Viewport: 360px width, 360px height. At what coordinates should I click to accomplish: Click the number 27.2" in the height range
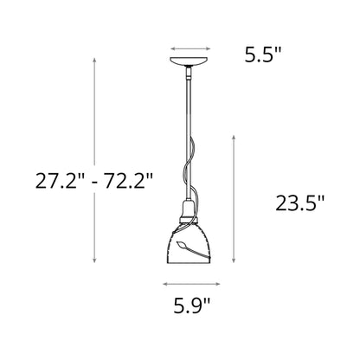point(58,180)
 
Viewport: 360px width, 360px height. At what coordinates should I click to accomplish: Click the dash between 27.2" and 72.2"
point(93,180)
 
